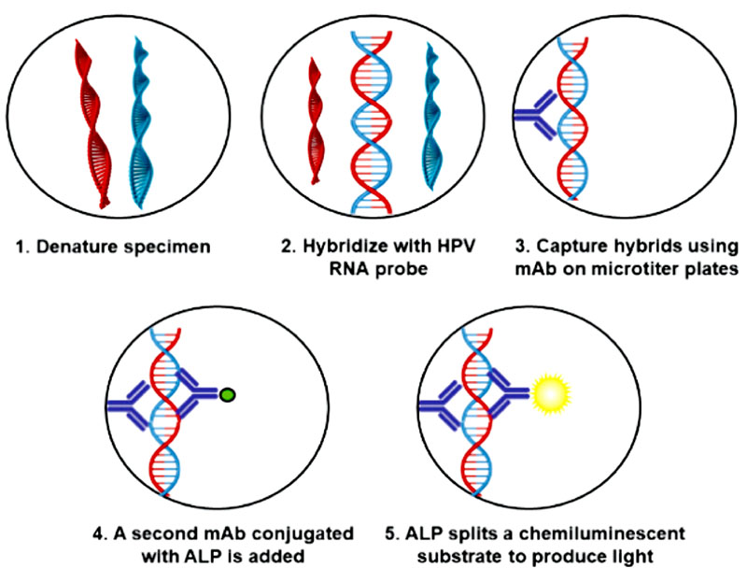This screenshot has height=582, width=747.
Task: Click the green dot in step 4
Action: [227, 395]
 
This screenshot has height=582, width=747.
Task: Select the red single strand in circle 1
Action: [92, 121]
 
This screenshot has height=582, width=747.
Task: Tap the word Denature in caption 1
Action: [73, 248]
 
